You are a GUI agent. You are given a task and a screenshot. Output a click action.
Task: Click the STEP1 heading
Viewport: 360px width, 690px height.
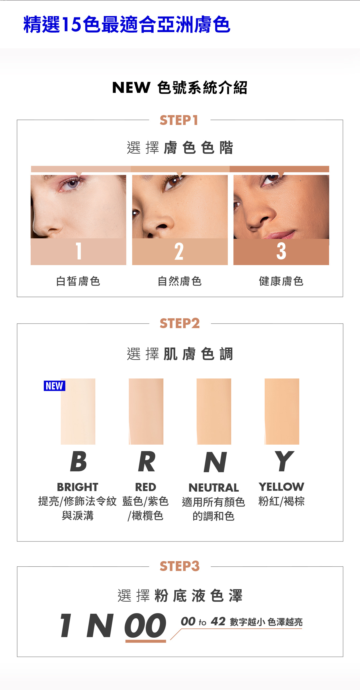[179, 120]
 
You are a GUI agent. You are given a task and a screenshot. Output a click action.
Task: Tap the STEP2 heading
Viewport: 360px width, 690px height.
[179, 323]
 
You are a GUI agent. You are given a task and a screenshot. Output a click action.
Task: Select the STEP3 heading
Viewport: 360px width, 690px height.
[179, 566]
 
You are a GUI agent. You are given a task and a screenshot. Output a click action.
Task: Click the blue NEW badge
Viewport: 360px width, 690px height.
[55, 386]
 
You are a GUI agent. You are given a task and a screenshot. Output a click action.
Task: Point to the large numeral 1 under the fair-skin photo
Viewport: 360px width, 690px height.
[79, 251]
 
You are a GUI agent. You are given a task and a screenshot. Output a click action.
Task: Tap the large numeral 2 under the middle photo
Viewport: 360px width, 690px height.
[179, 251]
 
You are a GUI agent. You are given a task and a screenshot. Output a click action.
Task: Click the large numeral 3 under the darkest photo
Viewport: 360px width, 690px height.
[281, 251]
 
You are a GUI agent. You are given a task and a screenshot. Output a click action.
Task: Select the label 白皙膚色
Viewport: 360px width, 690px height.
[78, 281]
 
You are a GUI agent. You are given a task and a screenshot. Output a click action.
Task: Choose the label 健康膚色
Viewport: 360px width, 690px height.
[281, 281]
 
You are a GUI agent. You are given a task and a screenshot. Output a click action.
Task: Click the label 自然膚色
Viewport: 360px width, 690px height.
[180, 281]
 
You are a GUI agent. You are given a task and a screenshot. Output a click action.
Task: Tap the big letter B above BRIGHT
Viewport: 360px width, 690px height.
[78, 462]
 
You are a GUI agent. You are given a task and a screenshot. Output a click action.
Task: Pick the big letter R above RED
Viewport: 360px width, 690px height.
[147, 462]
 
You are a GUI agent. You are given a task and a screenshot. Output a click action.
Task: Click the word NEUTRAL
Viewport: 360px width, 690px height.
[214, 488]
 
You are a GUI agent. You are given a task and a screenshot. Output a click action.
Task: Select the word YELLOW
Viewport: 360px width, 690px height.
[282, 487]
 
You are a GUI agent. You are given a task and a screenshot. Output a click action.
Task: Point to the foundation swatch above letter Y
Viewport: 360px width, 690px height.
[282, 411]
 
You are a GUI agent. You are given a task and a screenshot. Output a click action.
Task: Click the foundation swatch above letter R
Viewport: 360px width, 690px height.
[146, 411]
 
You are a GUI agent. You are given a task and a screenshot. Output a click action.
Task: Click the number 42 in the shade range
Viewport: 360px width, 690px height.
[218, 621]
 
